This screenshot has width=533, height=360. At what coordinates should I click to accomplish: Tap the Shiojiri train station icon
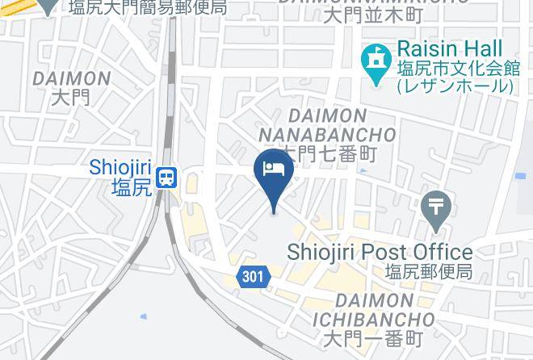coord(167,177)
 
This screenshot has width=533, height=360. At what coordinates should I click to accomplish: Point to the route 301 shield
coord(252,277)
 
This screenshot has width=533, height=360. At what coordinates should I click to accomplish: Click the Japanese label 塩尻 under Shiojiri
coord(131,188)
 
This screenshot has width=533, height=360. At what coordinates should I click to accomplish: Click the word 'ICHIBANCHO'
coord(373,320)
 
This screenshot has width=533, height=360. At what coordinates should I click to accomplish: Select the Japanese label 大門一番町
coord(372,338)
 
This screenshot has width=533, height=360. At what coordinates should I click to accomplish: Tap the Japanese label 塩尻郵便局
coord(428,272)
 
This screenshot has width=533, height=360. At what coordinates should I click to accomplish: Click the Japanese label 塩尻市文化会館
coord(455,68)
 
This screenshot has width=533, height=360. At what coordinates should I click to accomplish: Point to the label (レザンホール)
coord(454,86)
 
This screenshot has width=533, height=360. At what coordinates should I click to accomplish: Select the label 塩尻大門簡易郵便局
coord(147,8)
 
